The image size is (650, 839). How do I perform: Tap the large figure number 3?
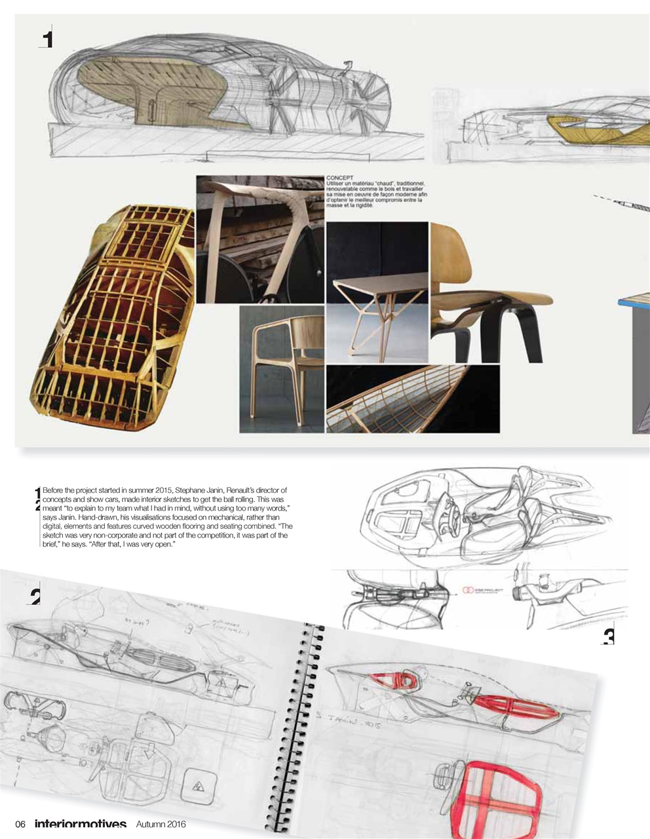pos(609,636)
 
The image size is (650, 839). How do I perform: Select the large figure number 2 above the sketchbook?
pos(35,595)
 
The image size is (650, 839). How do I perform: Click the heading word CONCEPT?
pos(340,178)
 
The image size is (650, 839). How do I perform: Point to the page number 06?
pos(20,824)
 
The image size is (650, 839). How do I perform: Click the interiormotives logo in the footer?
pos(80,824)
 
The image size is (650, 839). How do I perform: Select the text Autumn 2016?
pos(162,824)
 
